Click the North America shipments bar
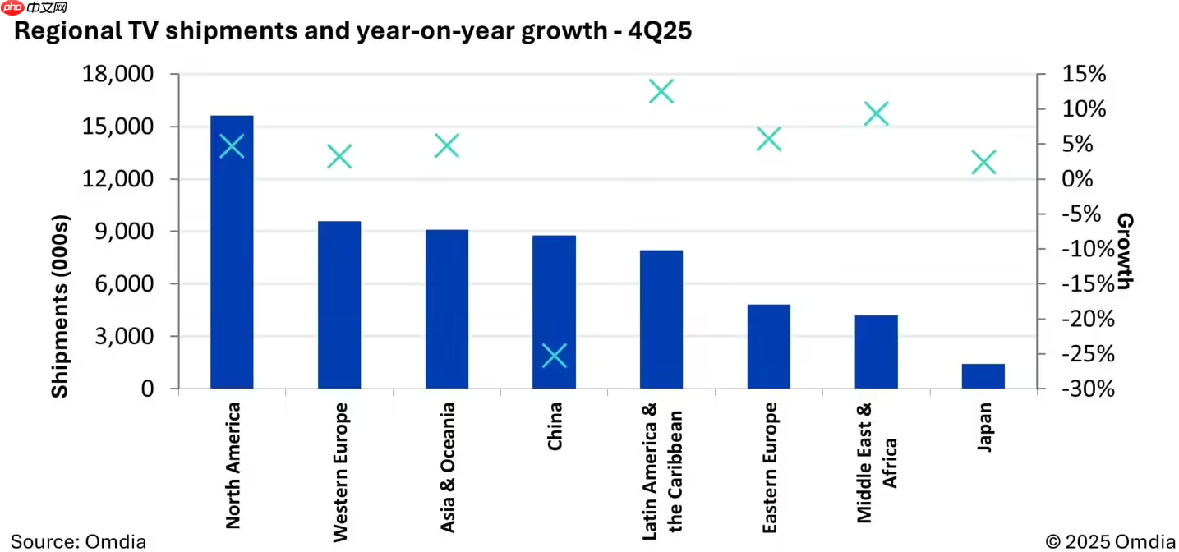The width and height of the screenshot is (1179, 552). click(x=232, y=251)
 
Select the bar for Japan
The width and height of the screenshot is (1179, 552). click(x=983, y=375)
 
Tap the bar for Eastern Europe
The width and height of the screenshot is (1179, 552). click(x=768, y=346)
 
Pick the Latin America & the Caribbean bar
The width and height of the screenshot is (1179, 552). click(x=661, y=319)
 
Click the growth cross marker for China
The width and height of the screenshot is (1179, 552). click(x=555, y=356)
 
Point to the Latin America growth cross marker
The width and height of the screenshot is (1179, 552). click(x=661, y=91)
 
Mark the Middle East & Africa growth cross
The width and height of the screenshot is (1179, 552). click(x=877, y=113)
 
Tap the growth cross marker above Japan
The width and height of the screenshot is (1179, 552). click(x=983, y=163)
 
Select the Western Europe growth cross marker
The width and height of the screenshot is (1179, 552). click(x=339, y=156)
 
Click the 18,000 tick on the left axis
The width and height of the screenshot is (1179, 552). click(x=119, y=75)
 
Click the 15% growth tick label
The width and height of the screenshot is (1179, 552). click(x=1083, y=75)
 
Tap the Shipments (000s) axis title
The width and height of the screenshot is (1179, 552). click(x=60, y=306)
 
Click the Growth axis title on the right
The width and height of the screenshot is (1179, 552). click(x=1125, y=251)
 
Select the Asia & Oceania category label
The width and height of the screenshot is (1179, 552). click(x=447, y=467)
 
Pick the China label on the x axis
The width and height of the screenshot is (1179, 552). click(x=555, y=425)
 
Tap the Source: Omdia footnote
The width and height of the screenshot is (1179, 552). click(x=79, y=541)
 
